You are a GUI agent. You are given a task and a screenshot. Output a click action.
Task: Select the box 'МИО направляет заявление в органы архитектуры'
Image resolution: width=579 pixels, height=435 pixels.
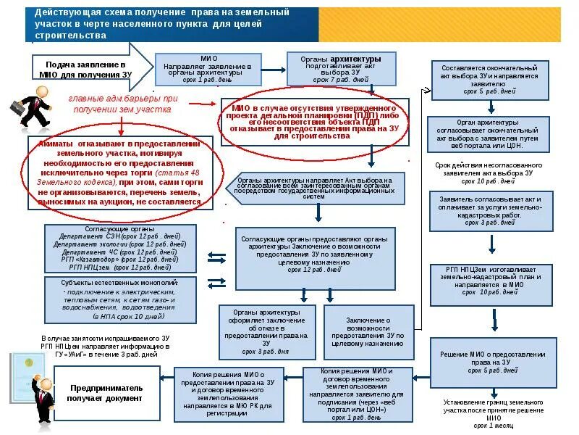point(208,69)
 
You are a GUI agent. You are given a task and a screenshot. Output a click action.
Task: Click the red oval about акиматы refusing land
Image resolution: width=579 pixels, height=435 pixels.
point(120,173)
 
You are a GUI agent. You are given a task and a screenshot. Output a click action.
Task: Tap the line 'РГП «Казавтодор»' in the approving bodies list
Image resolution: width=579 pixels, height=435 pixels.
point(119,259)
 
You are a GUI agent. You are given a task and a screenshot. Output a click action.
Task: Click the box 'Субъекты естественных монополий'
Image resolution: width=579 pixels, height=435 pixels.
point(119,299)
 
